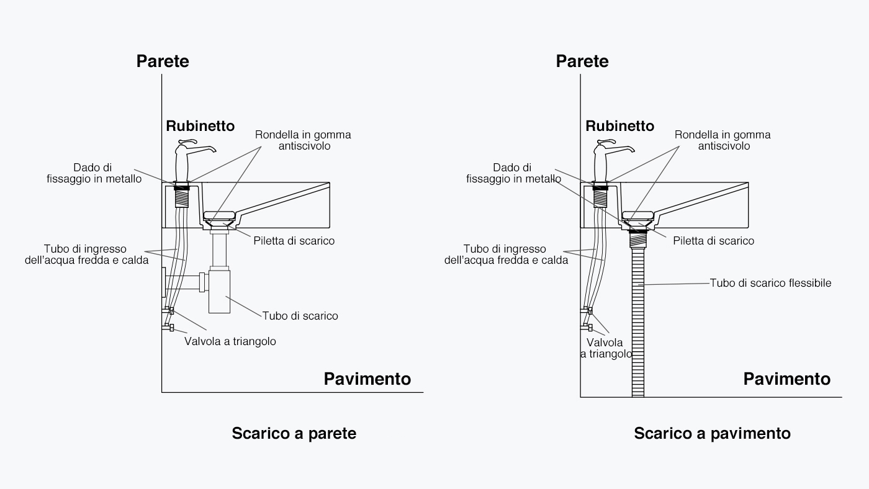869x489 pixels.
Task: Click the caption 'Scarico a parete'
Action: click(294, 433)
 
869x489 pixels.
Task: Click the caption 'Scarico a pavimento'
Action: click(712, 433)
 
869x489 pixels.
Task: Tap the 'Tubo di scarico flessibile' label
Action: click(770, 283)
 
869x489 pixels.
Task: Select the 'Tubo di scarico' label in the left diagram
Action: click(300, 316)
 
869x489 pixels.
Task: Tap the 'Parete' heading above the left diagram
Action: click(163, 61)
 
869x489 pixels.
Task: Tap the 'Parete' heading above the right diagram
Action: click(582, 61)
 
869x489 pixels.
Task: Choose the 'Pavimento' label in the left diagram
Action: click(367, 379)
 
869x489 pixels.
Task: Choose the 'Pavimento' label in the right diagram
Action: click(786, 379)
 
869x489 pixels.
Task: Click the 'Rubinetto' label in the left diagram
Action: click(200, 126)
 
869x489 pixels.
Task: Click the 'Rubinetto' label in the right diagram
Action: click(619, 126)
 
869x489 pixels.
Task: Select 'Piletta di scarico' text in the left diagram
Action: click(294, 241)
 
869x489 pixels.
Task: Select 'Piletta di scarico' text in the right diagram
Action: click(713, 241)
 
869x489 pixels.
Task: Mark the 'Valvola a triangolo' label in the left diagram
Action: click(230, 341)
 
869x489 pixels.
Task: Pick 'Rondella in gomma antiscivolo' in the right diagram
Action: click(723, 140)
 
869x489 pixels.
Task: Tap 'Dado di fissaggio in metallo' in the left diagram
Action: click(94, 173)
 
